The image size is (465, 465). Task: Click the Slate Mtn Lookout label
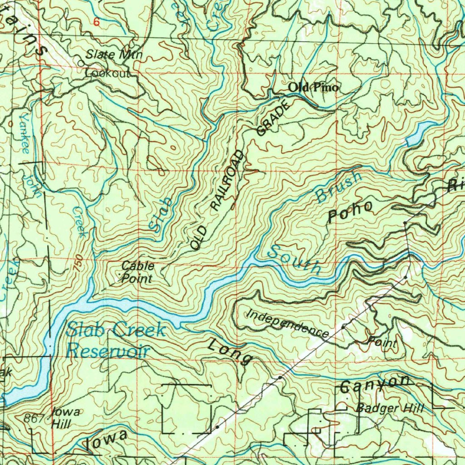coord(112,64)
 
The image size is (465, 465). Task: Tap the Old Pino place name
coord(313,87)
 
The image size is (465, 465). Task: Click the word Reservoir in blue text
coord(108,351)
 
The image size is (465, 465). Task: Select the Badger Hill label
coord(390,408)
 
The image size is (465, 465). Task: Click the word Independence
coord(287,323)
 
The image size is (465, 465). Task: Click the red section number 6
coord(96,21)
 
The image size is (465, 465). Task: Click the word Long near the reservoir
coord(229,351)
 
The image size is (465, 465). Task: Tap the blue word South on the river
coord(294,260)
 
